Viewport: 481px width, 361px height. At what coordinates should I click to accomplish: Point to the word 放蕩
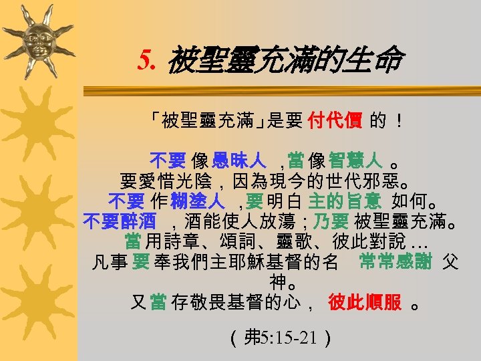(x=295, y=221)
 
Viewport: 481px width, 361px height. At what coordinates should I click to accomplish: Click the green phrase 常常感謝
(x=395, y=261)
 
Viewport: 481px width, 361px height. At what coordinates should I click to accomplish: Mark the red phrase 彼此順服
(x=365, y=302)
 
